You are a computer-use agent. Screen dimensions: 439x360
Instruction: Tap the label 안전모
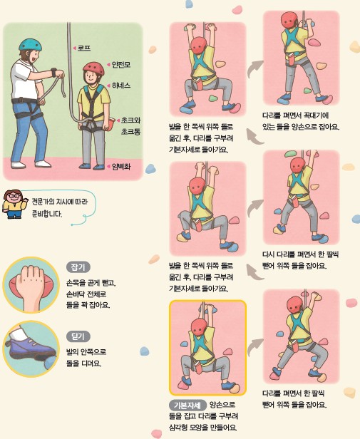(x=121, y=64)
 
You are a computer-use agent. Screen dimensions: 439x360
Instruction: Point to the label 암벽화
(x=121, y=167)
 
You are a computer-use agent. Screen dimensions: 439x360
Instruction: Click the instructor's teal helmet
(x=30, y=45)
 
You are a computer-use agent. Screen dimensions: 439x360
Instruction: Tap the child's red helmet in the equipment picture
(x=93, y=68)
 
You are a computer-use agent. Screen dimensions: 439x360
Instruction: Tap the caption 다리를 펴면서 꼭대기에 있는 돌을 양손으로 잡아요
(x=300, y=121)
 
